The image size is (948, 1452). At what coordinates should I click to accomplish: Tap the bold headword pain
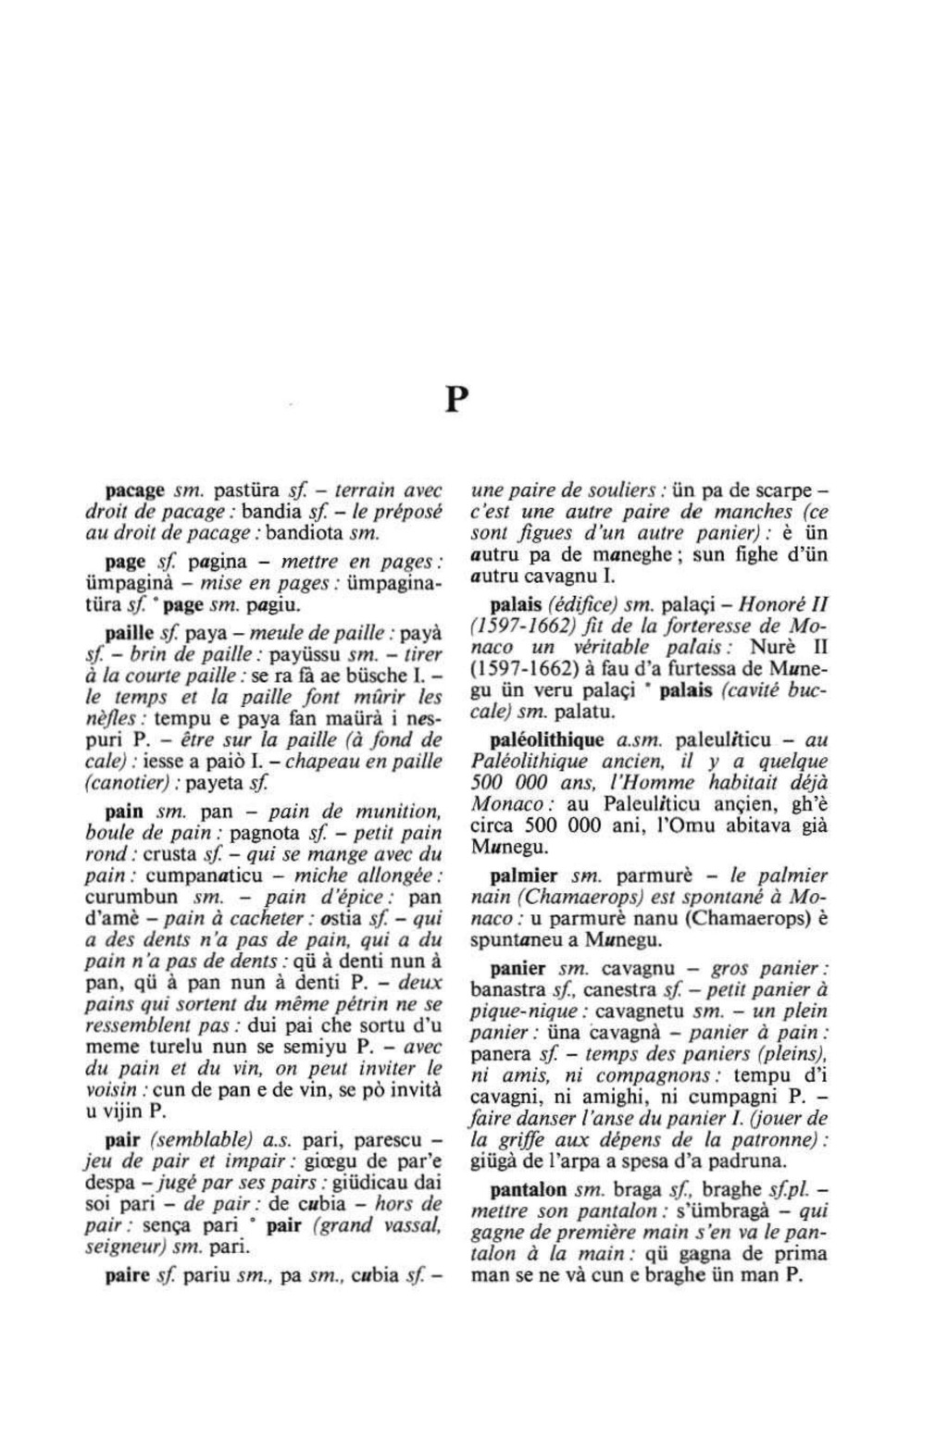[x=124, y=812]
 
